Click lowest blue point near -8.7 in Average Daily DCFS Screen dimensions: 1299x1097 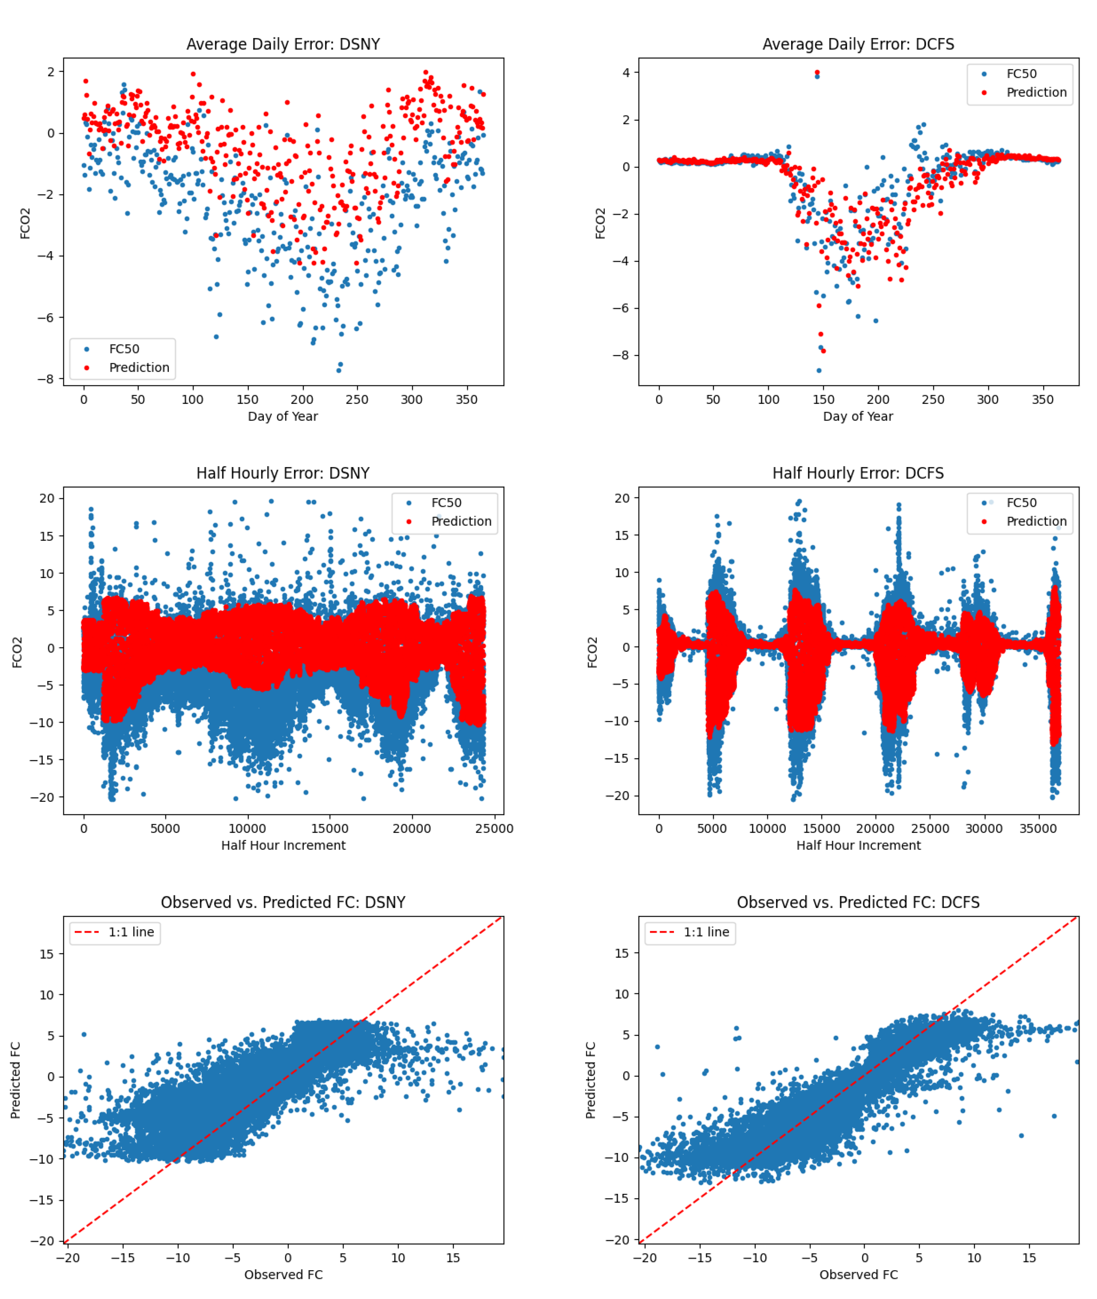point(819,371)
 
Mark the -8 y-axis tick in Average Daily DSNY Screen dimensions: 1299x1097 point(46,379)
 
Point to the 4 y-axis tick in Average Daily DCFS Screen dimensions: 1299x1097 point(626,73)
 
